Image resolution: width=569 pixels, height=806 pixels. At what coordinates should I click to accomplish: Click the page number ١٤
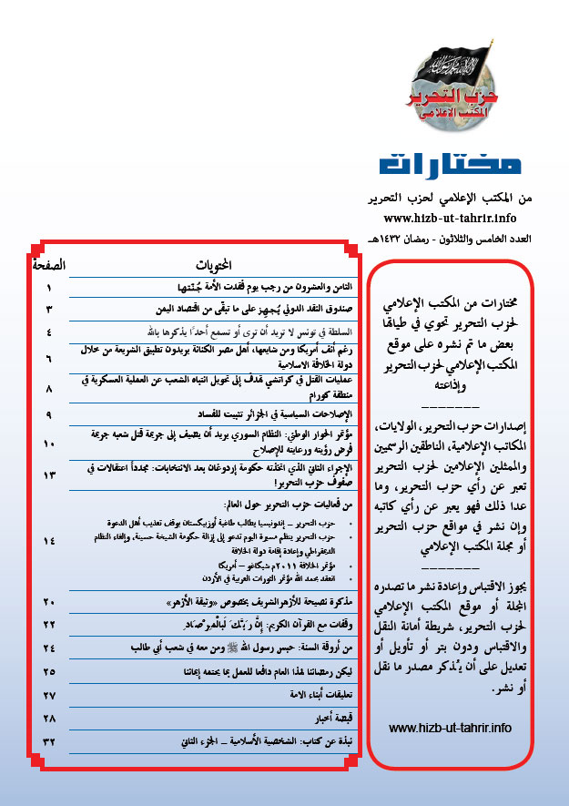[x=49, y=541]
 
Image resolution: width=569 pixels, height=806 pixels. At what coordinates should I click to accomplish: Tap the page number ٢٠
[x=49, y=628]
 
